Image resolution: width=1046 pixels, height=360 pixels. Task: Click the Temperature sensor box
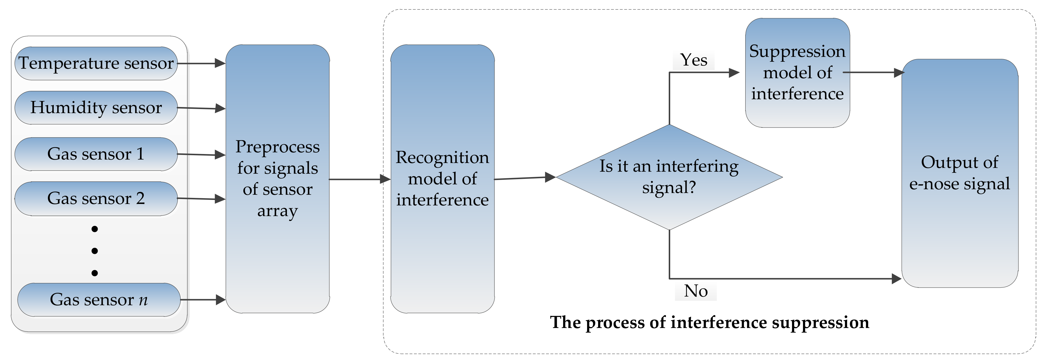click(96, 63)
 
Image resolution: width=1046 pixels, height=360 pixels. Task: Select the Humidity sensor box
click(96, 108)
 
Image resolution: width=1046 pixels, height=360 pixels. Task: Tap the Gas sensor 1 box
click(96, 154)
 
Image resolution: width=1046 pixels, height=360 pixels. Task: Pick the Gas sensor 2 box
click(96, 198)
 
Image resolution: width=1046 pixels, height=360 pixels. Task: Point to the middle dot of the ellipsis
click(95, 251)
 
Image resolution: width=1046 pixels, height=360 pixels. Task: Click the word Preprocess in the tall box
click(277, 147)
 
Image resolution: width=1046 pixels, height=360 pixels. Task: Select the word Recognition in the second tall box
click(442, 157)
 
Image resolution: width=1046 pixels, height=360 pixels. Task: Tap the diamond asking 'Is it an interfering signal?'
click(669, 177)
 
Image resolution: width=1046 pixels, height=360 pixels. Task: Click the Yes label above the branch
click(694, 60)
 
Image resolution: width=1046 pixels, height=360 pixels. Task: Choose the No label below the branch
click(696, 291)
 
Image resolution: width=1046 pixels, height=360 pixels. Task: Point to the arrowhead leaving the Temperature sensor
click(220, 63)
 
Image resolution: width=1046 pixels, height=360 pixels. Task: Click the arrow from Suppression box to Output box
click(873, 73)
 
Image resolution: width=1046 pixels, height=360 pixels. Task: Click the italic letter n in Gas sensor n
click(143, 300)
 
